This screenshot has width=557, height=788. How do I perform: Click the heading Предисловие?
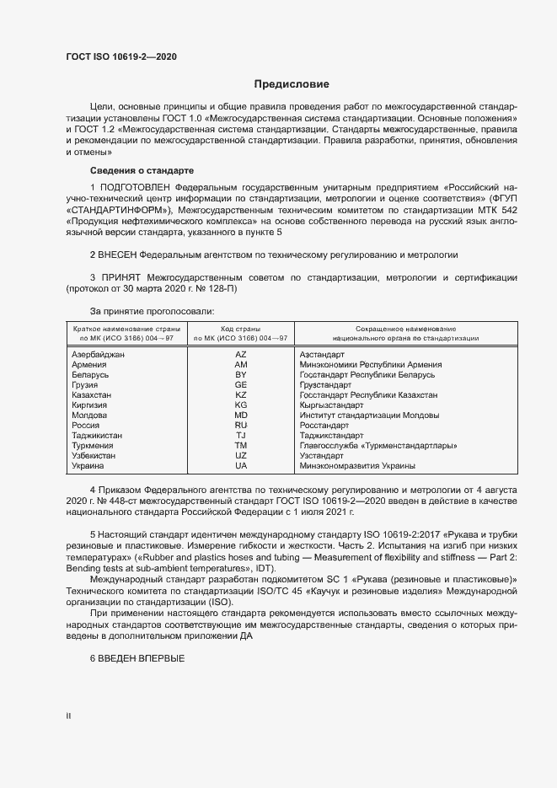coord(292,84)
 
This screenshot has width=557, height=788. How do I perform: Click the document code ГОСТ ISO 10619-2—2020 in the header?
coord(121,57)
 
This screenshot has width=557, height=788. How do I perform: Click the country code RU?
coord(240,426)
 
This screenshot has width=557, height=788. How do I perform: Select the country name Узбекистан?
coord(96,455)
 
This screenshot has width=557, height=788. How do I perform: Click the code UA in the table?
coord(240,465)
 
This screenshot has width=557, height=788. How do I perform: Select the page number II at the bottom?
coord(68,716)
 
